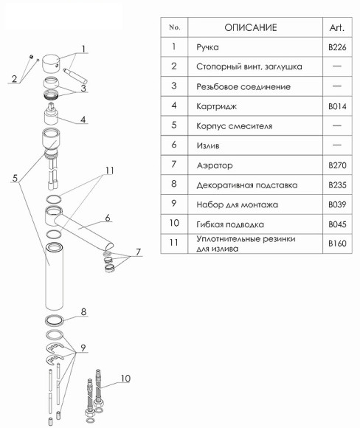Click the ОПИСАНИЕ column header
click(x=251, y=27)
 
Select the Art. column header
click(x=337, y=27)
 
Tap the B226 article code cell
click(x=337, y=47)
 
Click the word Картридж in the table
click(x=216, y=106)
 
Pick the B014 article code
click(x=337, y=106)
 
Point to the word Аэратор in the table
click(x=215, y=165)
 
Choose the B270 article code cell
click(x=337, y=165)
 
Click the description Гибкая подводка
click(x=230, y=224)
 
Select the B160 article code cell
click(x=337, y=244)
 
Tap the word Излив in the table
click(x=208, y=145)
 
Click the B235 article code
click(x=337, y=184)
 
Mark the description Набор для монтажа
click(x=238, y=204)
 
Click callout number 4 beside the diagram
click(x=83, y=120)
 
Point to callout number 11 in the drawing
click(x=110, y=170)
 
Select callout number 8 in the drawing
click(x=83, y=311)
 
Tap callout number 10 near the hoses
click(x=125, y=379)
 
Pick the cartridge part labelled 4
click(x=52, y=114)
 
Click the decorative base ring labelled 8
click(x=54, y=320)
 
